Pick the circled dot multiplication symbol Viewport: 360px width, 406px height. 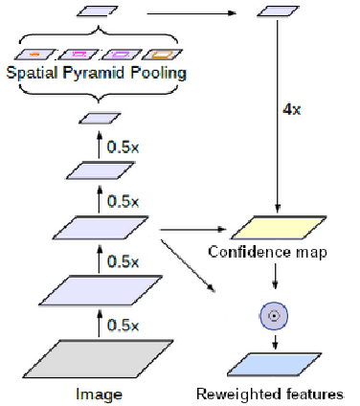[x=275, y=315]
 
